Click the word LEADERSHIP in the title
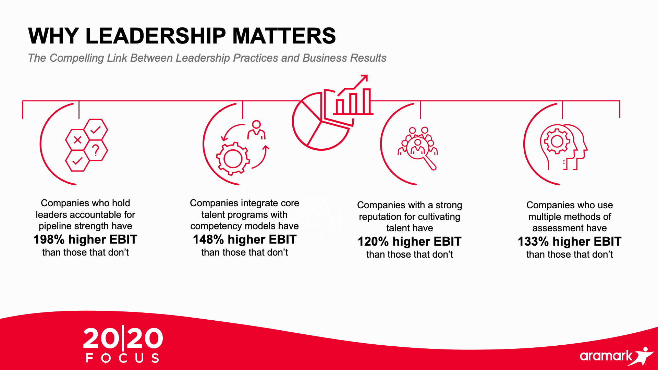click(156, 36)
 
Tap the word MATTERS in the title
click(284, 36)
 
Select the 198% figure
click(49, 239)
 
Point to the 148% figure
click(208, 239)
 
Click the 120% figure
click(373, 242)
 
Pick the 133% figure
click(533, 242)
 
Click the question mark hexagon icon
click(96, 150)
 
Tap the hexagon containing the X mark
click(77, 140)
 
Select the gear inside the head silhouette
click(557, 141)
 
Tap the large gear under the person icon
click(233, 159)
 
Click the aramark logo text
click(606, 356)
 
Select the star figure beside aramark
click(643, 356)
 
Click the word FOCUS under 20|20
click(122, 358)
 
